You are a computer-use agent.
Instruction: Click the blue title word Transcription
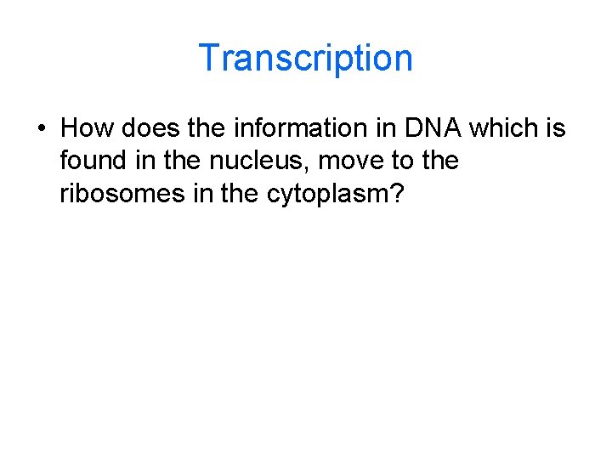tap(305, 58)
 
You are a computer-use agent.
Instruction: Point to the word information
tap(280, 128)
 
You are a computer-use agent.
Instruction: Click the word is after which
tap(555, 128)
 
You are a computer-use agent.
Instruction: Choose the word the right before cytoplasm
tap(241, 194)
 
